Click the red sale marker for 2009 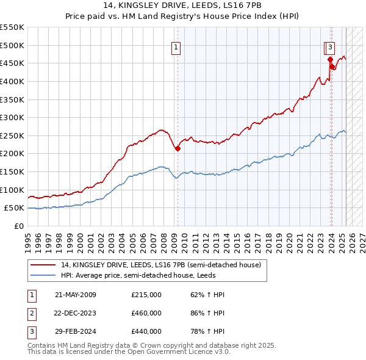pos(178,148)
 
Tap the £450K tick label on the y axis pos(12,63)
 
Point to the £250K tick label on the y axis pos(12,135)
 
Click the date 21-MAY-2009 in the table pos(76,295)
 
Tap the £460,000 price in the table pos(146,314)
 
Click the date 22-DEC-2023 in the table pos(76,314)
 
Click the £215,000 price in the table pos(146,295)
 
